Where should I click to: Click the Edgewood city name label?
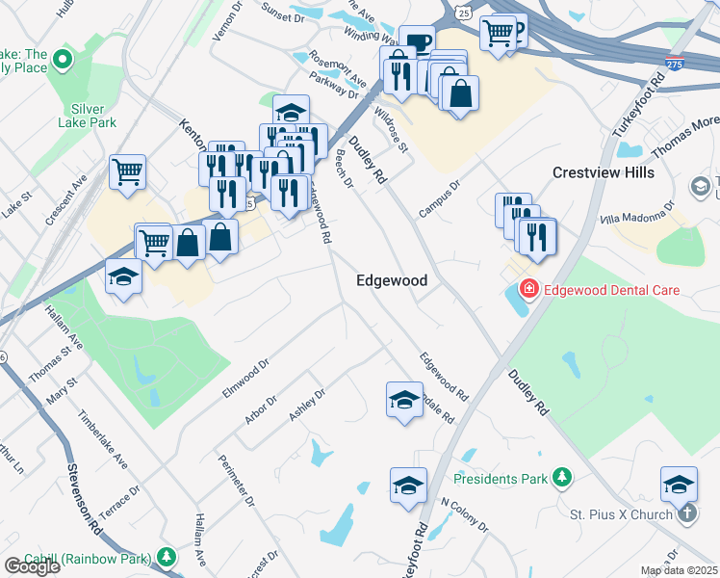click(391, 280)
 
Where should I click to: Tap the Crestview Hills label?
click(604, 172)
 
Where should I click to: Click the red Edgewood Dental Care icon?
click(527, 289)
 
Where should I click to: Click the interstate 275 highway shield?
click(674, 64)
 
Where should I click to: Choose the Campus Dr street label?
click(440, 197)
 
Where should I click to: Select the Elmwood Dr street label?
click(244, 380)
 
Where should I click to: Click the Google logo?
click(32, 566)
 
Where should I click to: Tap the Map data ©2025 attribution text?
click(680, 570)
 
